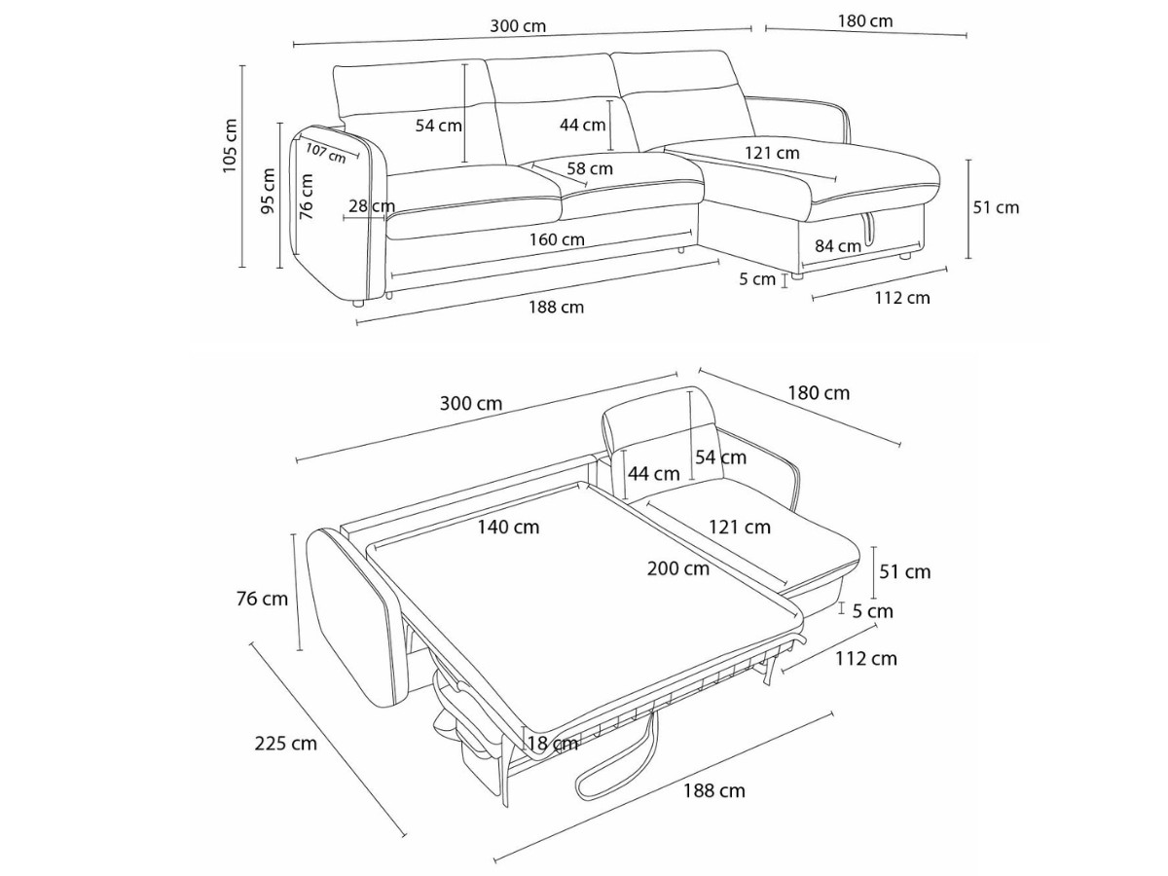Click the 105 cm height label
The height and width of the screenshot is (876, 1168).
pyautogui.click(x=231, y=146)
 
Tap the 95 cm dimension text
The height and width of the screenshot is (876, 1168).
pyautogui.click(x=270, y=190)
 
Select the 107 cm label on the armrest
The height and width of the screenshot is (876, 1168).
pyautogui.click(x=325, y=152)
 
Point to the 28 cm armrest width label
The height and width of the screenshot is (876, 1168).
pyautogui.click(x=371, y=205)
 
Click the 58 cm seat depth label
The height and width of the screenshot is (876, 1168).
pyautogui.click(x=591, y=168)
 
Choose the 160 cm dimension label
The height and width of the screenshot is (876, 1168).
pyautogui.click(x=557, y=239)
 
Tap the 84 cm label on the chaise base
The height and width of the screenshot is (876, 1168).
pyautogui.click(x=837, y=246)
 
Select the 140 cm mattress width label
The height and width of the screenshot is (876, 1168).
pyautogui.click(x=508, y=527)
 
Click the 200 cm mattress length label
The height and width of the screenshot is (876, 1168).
pyautogui.click(x=678, y=568)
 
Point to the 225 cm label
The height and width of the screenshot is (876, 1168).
pyautogui.click(x=285, y=744)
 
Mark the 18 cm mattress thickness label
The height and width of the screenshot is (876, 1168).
pyautogui.click(x=552, y=744)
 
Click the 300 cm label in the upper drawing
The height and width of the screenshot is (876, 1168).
pyautogui.click(x=518, y=26)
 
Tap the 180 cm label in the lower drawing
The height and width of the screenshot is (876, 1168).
pyautogui.click(x=819, y=393)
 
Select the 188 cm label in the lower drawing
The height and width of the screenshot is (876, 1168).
pyautogui.click(x=713, y=790)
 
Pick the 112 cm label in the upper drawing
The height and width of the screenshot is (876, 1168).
pyautogui.click(x=902, y=298)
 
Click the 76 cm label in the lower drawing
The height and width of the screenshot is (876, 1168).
pyautogui.click(x=262, y=599)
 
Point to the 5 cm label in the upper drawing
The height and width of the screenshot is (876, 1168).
pyautogui.click(x=757, y=280)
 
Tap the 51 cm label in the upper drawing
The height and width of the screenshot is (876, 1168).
pyautogui.click(x=996, y=207)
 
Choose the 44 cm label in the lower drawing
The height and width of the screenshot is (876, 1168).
pyautogui.click(x=653, y=474)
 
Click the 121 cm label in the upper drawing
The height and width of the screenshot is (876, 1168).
pyautogui.click(x=772, y=153)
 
